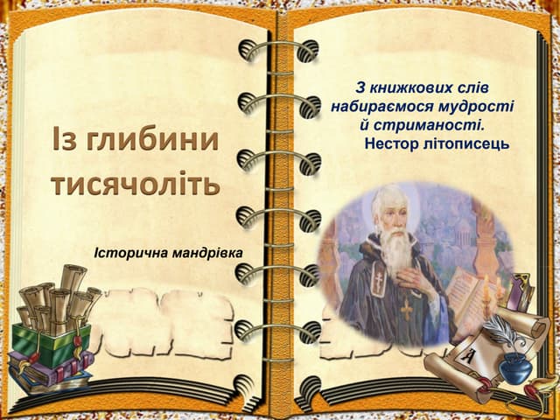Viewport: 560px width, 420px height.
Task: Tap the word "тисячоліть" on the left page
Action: point(135,185)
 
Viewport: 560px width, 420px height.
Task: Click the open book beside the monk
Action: point(468,293)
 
